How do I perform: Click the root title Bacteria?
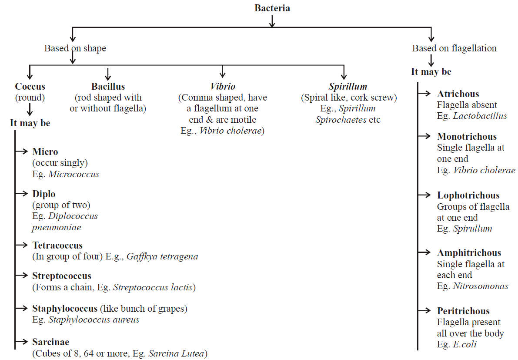point(272,8)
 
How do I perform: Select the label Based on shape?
point(75,48)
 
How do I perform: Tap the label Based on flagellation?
point(454,48)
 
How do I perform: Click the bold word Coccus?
point(30,87)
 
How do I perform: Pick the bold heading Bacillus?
point(108,87)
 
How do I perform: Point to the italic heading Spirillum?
point(348,87)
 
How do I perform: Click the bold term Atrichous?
point(458,94)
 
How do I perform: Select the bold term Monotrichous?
point(467,137)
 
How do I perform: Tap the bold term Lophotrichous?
point(468,195)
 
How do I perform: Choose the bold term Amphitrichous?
point(469,253)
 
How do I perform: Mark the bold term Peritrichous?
point(463,311)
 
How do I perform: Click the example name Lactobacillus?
point(480,116)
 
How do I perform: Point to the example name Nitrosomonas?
point(481,286)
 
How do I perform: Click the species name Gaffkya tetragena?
point(162,256)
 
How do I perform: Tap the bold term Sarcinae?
point(50,342)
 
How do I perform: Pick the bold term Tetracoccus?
point(57,246)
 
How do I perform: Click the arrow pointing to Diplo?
point(22,194)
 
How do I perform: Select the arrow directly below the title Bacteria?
point(272,21)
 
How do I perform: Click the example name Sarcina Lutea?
point(177,353)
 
